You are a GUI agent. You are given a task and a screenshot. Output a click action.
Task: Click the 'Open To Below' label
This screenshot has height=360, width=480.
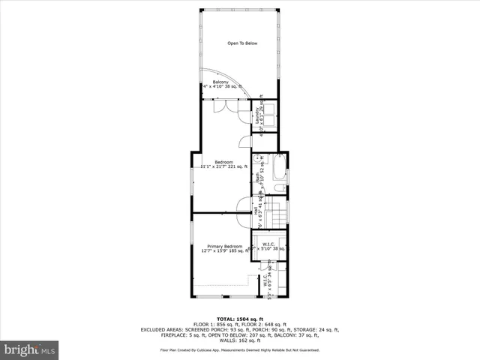(242, 43)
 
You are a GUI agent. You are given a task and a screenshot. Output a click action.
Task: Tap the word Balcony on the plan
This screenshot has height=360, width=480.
(220, 82)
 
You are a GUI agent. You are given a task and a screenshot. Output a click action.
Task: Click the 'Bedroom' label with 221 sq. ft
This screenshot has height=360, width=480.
(223, 162)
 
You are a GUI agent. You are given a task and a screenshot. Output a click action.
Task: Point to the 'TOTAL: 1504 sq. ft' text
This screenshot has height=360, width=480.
(239, 318)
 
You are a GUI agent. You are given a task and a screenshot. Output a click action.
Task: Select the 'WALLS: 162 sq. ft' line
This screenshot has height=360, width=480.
(240, 340)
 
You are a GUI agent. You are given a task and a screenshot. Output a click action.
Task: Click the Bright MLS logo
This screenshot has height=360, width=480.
(30, 349)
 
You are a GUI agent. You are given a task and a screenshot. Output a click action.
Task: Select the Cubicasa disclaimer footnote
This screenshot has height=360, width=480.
(240, 349)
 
